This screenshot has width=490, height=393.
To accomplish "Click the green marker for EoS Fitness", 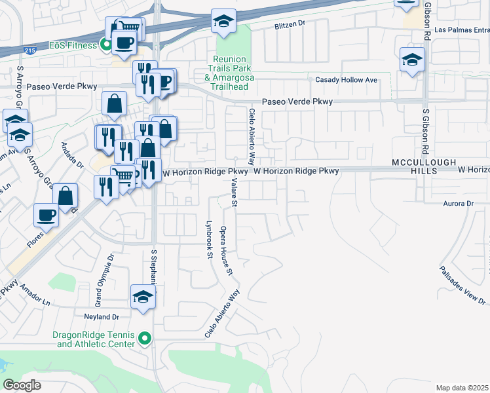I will pyautogui.click(x=104, y=45).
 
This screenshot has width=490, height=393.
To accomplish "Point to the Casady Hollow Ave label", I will pyautogui.click(x=347, y=80).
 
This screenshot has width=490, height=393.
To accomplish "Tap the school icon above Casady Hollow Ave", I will pyautogui.click(x=412, y=60).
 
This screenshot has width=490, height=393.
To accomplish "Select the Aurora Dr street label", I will pyautogui.click(x=457, y=204).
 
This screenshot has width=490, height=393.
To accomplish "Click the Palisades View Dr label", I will pyautogui.click(x=462, y=286).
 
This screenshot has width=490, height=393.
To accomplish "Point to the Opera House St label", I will pyautogui.click(x=226, y=250).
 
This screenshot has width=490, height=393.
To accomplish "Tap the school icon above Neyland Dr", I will pyautogui.click(x=143, y=297).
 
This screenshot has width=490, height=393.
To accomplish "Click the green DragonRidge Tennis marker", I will pyautogui.click(x=145, y=339).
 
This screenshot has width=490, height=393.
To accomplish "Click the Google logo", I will pyautogui.click(x=22, y=385).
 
